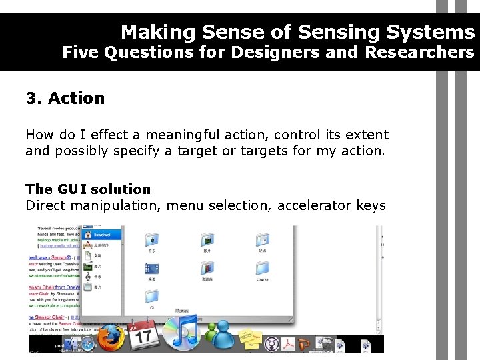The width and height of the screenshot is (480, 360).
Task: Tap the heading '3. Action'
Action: coord(65,99)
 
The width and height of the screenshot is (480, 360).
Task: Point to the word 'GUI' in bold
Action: coord(72,189)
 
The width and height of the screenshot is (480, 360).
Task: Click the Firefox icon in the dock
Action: coord(111,337)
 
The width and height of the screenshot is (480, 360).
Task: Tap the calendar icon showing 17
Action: coord(144,333)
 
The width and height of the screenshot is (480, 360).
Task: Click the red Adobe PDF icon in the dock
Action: coord(289,343)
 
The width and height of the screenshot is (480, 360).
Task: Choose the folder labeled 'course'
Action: coord(262,269)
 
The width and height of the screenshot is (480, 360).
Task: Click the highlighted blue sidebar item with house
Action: coord(107,234)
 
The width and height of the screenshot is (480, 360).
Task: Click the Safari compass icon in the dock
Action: coord(87,344)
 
